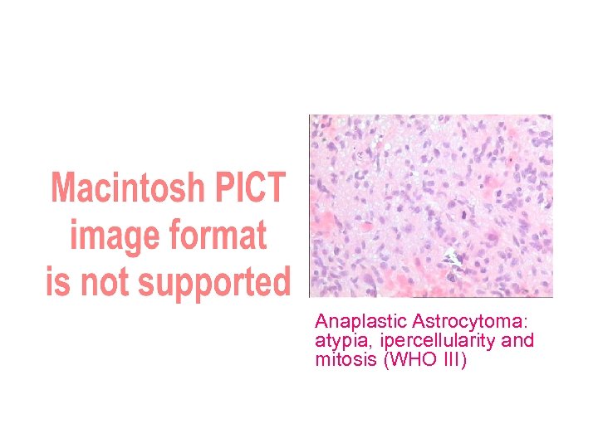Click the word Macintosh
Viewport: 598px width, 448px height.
pyautogui.click(x=125, y=189)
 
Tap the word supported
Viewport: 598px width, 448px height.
pyautogui.click(x=215, y=284)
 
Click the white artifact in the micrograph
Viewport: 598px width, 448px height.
pyautogui.click(x=452, y=258)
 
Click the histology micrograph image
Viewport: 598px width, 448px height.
pyautogui.click(x=430, y=206)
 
